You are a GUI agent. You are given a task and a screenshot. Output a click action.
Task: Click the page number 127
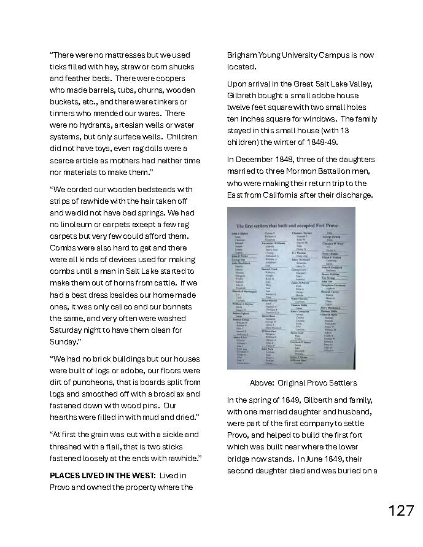[401, 511]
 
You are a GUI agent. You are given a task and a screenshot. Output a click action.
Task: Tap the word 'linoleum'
[77, 225]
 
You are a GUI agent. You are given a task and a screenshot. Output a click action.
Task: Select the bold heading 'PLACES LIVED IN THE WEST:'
[101, 476]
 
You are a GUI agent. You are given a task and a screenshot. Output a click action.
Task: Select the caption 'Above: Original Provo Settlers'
[303, 382]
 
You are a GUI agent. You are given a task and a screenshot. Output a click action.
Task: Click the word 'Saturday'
[68, 330]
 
